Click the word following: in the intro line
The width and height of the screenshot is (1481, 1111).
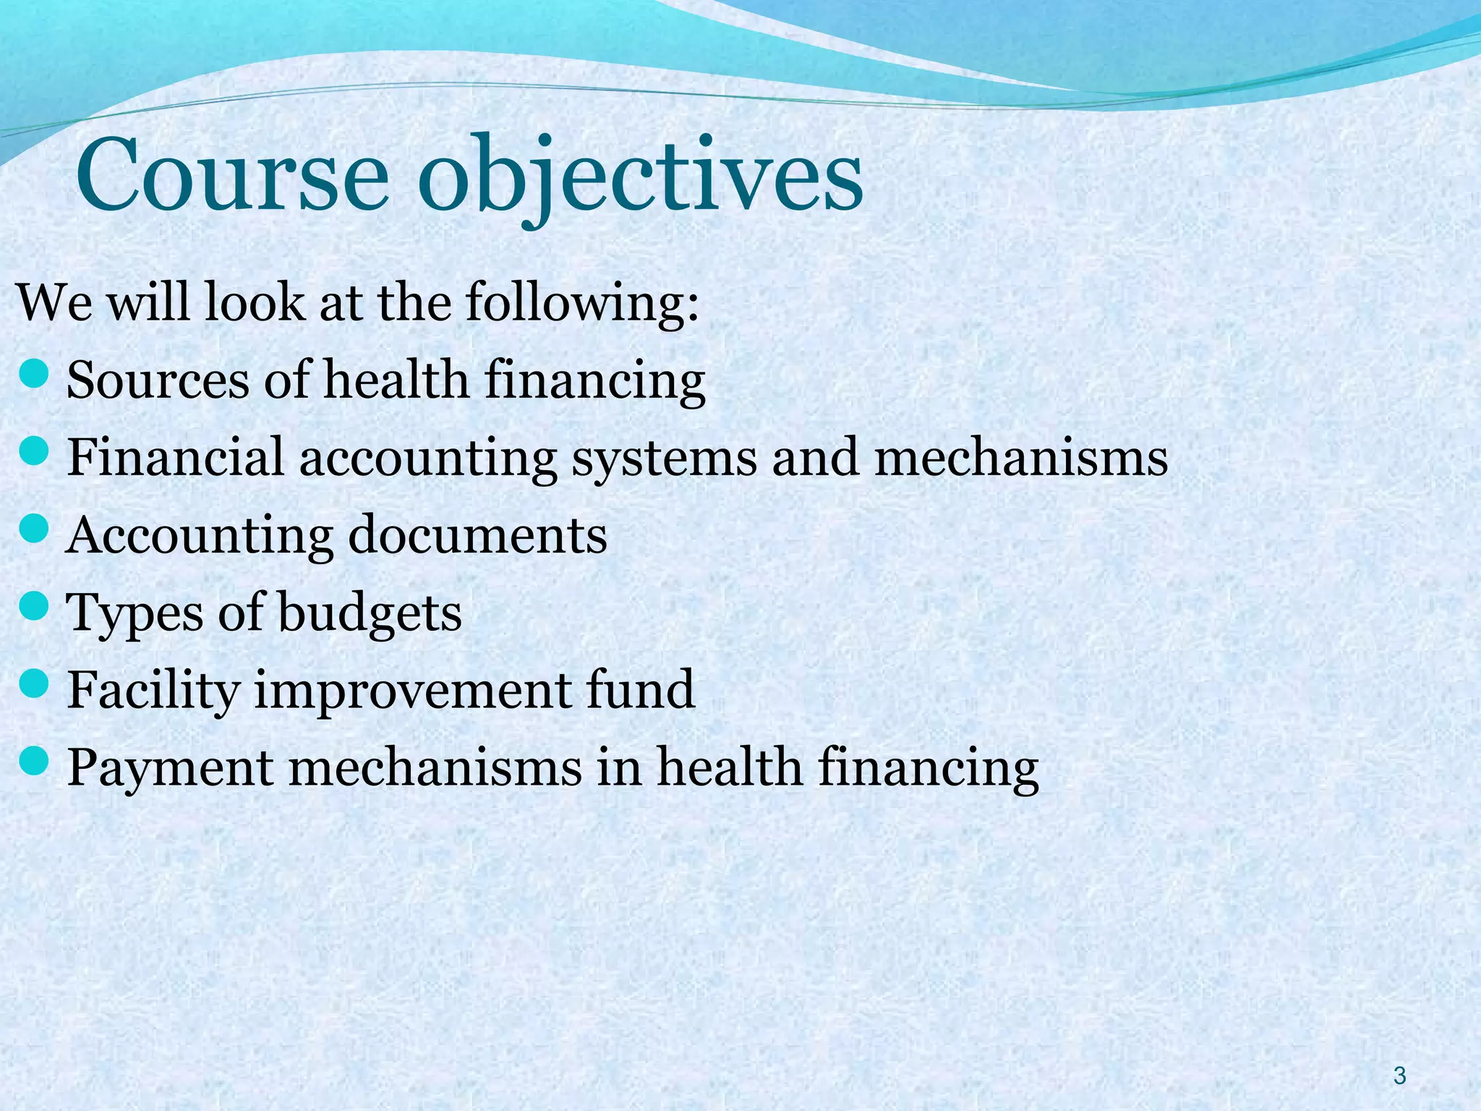582,304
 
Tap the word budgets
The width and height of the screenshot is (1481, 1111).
370,614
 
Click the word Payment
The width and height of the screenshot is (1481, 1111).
170,768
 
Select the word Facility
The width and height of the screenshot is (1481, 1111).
153,691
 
